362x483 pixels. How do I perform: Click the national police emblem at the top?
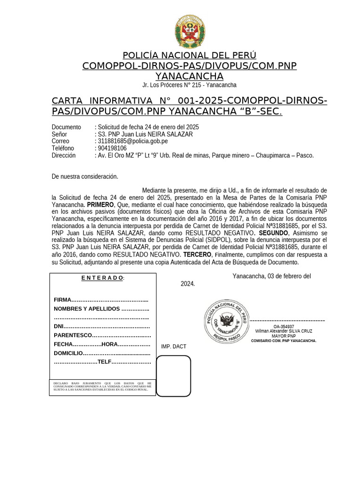point(189,31)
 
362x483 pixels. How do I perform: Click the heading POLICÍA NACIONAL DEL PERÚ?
point(189,55)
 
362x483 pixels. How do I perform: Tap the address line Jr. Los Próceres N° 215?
point(189,85)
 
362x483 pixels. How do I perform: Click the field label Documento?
point(66,127)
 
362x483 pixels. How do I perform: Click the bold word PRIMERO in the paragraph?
point(100,205)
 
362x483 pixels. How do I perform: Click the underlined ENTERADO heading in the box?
point(102,278)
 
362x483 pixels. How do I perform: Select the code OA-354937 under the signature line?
point(284,326)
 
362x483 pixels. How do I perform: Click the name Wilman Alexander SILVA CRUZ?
point(284,331)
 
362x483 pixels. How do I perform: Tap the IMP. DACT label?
point(173,347)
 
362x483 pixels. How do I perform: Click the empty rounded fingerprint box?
point(173,376)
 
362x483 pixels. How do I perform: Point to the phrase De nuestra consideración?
point(85,176)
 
